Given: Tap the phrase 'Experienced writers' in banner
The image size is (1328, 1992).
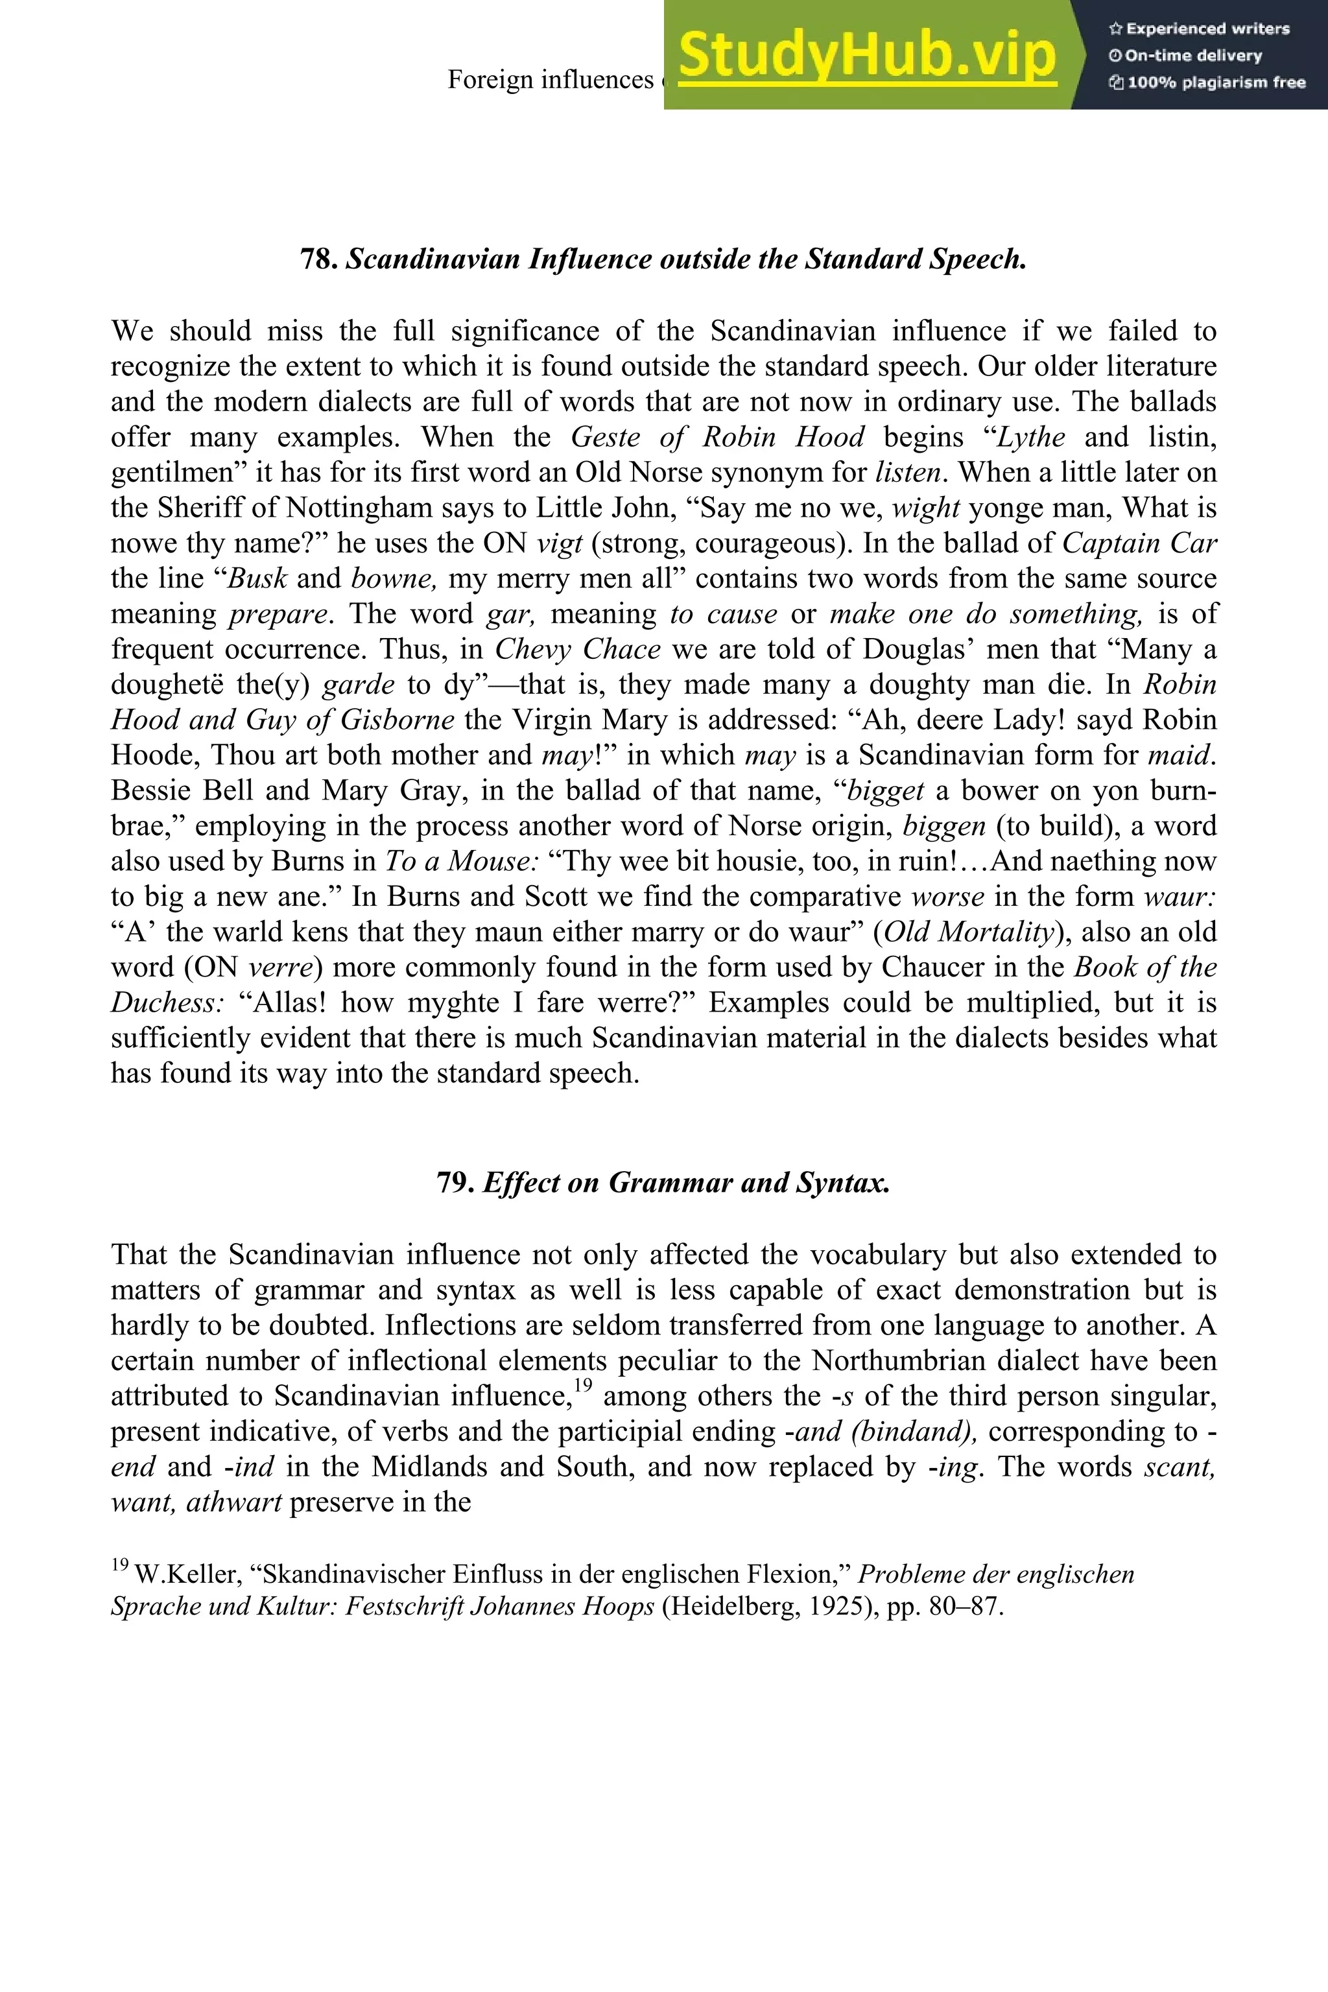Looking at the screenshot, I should (1207, 29).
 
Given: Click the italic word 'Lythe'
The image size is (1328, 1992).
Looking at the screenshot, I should (1031, 437).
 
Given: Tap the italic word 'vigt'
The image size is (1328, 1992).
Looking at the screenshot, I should (560, 543).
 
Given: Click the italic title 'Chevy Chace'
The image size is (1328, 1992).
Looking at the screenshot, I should (578, 648).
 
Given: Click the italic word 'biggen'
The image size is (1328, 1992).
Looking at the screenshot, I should (943, 825).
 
